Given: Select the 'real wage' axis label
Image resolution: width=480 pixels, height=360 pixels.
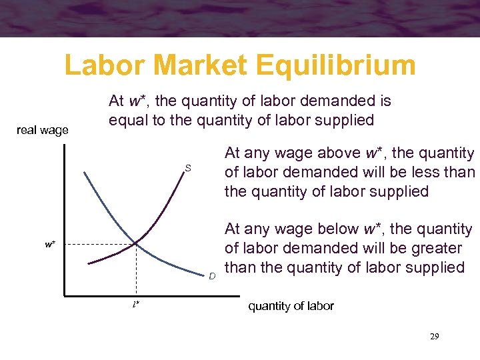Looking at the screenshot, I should [x=43, y=130].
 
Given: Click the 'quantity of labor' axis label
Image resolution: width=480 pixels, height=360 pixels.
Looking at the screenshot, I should [x=291, y=306].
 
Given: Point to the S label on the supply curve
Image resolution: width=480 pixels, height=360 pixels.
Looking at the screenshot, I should [x=188, y=169].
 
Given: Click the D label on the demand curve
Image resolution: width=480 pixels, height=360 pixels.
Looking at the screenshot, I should [x=212, y=275].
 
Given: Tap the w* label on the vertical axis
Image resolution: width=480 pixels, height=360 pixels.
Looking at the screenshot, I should [x=51, y=244].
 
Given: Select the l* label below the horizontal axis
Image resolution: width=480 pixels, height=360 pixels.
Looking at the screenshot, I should [x=135, y=305].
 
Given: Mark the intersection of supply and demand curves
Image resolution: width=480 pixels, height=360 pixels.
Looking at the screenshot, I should [x=136, y=244].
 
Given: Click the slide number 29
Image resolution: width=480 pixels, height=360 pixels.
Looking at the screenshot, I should [x=435, y=337].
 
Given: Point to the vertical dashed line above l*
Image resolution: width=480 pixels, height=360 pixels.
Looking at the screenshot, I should [x=136, y=270].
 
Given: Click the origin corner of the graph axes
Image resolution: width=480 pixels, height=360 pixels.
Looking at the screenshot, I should [x=65, y=294].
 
